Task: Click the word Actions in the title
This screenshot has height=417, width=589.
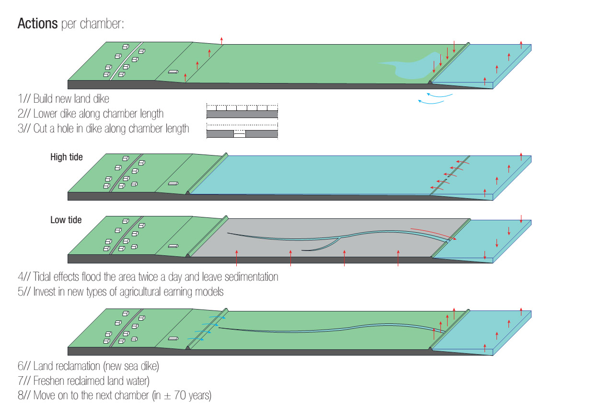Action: coord(37,24)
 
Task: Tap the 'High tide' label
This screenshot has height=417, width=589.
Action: coord(67,157)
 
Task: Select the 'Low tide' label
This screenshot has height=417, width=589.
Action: coord(66,220)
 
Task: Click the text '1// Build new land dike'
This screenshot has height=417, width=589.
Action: coord(63,99)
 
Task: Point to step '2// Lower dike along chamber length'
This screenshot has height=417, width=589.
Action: coord(91,114)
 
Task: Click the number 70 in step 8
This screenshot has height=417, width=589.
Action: coord(180,395)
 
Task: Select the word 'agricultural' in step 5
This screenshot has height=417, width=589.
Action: coord(140,292)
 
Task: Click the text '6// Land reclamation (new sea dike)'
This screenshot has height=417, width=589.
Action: coord(88,366)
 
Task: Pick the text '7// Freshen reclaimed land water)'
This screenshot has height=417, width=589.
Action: coord(83,381)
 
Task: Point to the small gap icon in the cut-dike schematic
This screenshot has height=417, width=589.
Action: coord(240,134)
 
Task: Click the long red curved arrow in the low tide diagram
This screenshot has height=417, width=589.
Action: coord(433,234)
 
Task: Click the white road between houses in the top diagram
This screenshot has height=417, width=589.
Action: coord(126,61)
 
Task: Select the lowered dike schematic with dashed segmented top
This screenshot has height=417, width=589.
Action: coord(242,111)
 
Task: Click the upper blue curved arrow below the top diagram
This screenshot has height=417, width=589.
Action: coord(439,95)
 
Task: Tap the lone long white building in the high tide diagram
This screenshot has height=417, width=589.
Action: coord(173,183)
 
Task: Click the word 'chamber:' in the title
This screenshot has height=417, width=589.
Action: coord(102,24)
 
